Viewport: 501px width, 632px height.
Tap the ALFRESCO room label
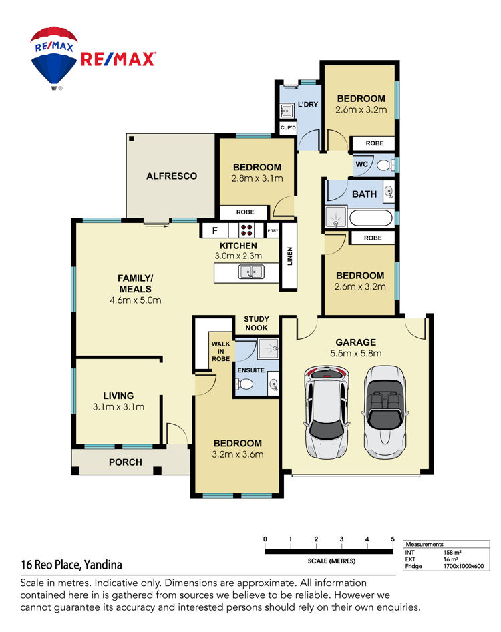pyautogui.click(x=172, y=176)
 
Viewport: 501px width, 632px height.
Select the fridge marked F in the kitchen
pyautogui.click(x=214, y=230)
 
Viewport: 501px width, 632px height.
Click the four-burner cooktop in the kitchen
pyautogui.click(x=246, y=230)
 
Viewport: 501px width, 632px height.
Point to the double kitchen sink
pyautogui.click(x=251, y=272)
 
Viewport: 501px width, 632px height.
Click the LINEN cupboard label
pyautogui.click(x=289, y=256)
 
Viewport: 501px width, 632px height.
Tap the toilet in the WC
pyautogui.click(x=386, y=164)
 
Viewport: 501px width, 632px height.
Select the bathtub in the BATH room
pyautogui.click(x=370, y=218)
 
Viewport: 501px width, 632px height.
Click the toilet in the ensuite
pyautogui.click(x=244, y=384)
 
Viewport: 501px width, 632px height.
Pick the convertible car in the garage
pyautogui.click(x=385, y=412)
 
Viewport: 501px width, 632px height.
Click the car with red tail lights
pyautogui.click(x=327, y=412)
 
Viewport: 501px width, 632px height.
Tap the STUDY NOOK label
pyautogui.click(x=256, y=323)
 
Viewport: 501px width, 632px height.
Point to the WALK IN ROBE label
pyautogui.click(x=220, y=351)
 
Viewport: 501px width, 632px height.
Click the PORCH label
pyautogui.click(x=126, y=462)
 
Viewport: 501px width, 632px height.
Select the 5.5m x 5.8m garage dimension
pyautogui.click(x=356, y=354)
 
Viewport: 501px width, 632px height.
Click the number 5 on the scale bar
pyautogui.click(x=393, y=539)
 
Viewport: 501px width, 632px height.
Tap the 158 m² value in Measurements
pyautogui.click(x=452, y=552)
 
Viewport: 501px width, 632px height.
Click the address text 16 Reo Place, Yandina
pyautogui.click(x=71, y=565)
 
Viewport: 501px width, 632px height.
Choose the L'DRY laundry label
pyautogui.click(x=308, y=104)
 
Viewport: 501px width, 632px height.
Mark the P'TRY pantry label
pyautogui.click(x=273, y=230)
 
